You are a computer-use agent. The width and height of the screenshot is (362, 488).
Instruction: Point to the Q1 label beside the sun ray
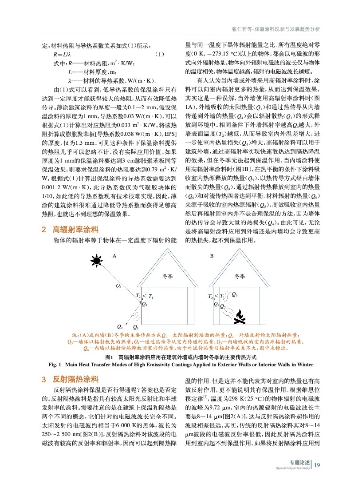click(118, 286)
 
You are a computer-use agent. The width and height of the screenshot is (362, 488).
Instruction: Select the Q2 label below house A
click(119, 326)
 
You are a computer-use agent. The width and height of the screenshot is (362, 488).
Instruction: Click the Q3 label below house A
click(136, 327)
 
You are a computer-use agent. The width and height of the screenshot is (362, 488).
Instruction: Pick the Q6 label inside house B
click(234, 294)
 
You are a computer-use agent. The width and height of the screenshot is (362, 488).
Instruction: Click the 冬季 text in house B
click(240, 276)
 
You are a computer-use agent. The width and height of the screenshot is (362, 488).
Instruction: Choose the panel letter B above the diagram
click(212, 256)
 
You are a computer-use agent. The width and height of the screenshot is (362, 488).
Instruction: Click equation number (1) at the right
click(161, 54)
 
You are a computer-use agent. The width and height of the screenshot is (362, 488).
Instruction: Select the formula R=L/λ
click(63, 54)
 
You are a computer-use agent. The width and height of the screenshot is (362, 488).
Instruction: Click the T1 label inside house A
click(150, 296)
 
